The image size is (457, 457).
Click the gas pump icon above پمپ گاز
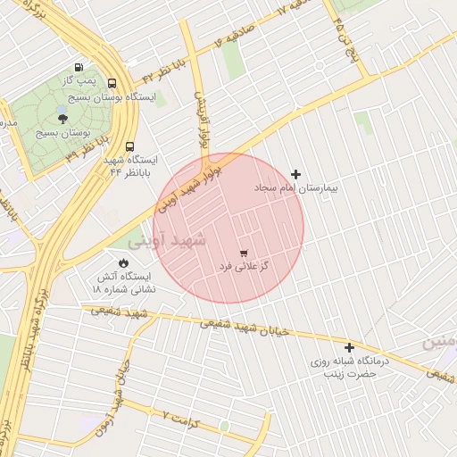coord(79,67)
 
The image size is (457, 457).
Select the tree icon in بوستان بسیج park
coord(61,117)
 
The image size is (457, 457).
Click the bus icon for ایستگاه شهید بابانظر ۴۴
coord(131,146)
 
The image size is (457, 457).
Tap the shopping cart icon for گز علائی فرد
coord(244,253)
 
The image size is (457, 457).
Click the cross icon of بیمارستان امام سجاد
coord(296,174)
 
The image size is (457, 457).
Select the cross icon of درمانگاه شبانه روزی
coord(349,347)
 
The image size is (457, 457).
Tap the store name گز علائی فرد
coord(245,267)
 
